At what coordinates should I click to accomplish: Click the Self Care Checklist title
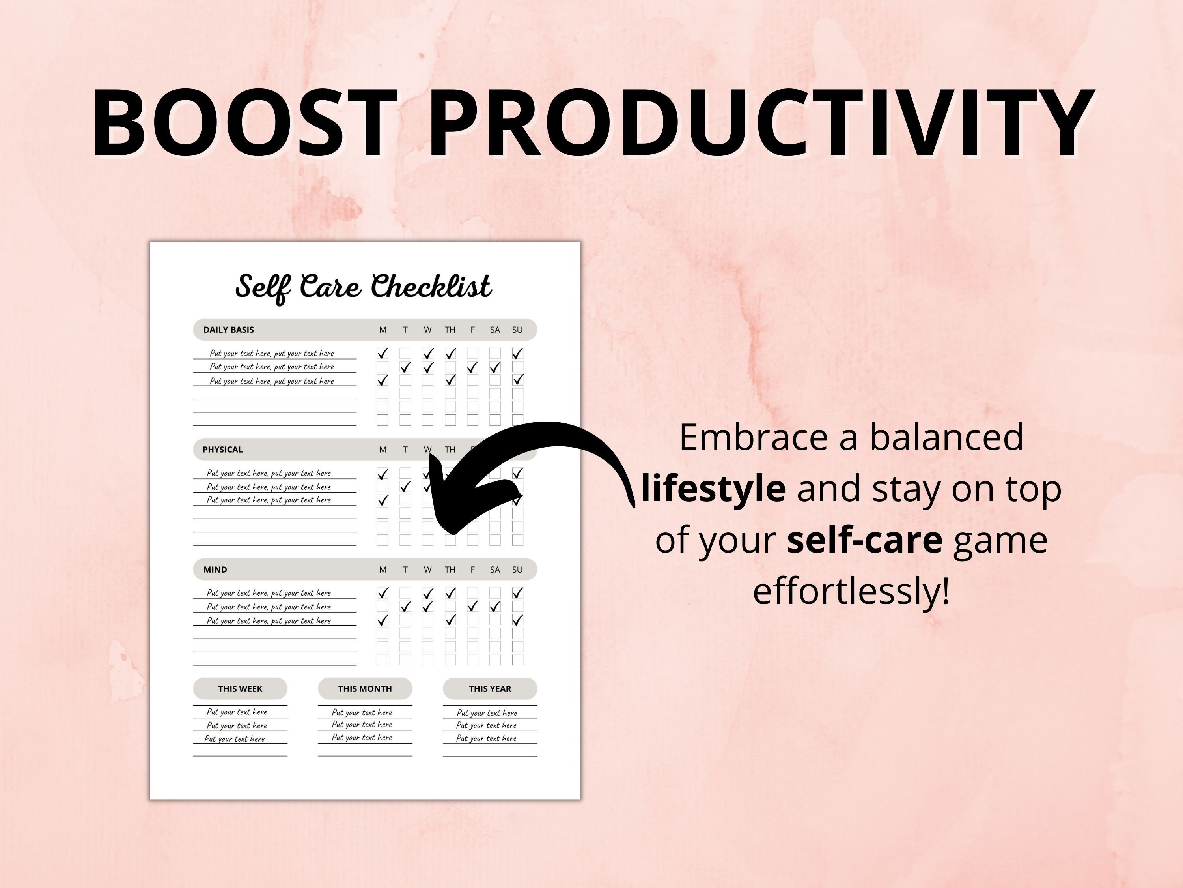point(364,287)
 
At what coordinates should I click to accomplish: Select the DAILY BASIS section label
point(228,330)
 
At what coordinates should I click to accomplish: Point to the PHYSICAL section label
point(222,450)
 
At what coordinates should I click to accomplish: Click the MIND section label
point(215,570)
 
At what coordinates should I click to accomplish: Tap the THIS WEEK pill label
point(240,689)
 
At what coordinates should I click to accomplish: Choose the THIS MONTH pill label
point(365,689)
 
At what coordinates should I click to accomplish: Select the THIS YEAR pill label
point(490,689)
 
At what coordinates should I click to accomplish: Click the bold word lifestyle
point(713,488)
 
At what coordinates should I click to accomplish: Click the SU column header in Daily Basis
point(517,330)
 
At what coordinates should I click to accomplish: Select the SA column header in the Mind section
point(495,570)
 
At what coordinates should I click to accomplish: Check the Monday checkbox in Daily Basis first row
point(383,353)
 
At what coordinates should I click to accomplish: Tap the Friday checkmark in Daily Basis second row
point(472,367)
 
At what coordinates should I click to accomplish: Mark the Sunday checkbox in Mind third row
point(517,620)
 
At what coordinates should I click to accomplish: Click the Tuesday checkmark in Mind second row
point(405,607)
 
